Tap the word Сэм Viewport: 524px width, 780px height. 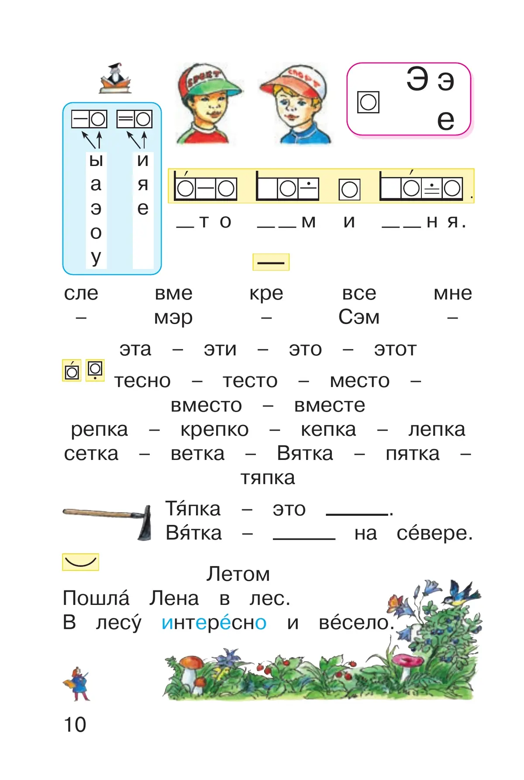359,318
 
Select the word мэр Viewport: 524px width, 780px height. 173,318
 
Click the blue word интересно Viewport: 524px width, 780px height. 214,623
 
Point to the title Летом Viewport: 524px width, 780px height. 238,574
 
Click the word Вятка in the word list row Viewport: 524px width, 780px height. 305,454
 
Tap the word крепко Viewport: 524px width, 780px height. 214,430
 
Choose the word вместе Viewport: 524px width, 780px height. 330,405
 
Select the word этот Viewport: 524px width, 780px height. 395,349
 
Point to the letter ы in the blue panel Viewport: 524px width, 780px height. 96,160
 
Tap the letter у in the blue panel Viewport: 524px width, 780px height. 96,257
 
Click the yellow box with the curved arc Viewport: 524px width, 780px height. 81,562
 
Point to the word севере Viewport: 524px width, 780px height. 434,533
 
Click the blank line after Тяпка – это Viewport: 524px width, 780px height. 357,514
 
